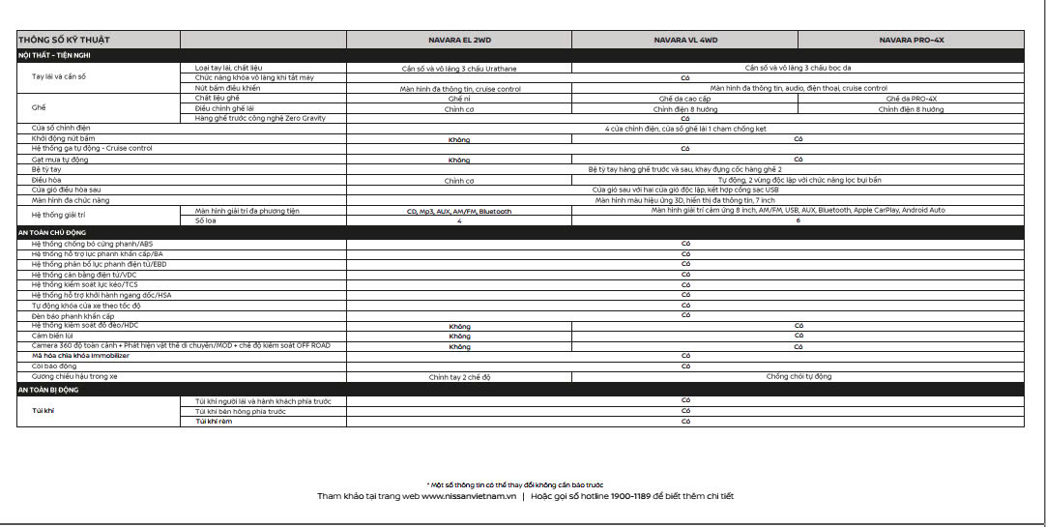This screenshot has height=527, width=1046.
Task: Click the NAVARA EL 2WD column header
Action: tap(459, 41)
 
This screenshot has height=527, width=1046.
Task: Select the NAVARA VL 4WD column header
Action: tap(685, 41)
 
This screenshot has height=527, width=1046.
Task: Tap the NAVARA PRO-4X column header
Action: tap(911, 41)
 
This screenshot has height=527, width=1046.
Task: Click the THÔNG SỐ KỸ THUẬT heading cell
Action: tap(64, 41)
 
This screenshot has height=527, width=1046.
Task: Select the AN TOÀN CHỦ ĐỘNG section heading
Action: tap(55, 233)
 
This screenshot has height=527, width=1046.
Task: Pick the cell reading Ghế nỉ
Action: tap(459, 99)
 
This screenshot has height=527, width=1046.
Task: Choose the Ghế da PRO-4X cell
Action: tap(911, 99)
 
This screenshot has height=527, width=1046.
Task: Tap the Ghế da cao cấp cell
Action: tap(684, 99)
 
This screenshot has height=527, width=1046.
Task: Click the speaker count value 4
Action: tap(459, 221)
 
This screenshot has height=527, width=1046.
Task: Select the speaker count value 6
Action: tap(798, 221)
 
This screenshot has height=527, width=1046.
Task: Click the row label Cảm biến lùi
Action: tap(53, 336)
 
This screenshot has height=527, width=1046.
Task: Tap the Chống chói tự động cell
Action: tap(799, 376)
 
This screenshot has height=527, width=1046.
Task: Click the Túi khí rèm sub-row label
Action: tap(213, 422)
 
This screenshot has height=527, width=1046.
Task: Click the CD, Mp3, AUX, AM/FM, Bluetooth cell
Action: tap(459, 211)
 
